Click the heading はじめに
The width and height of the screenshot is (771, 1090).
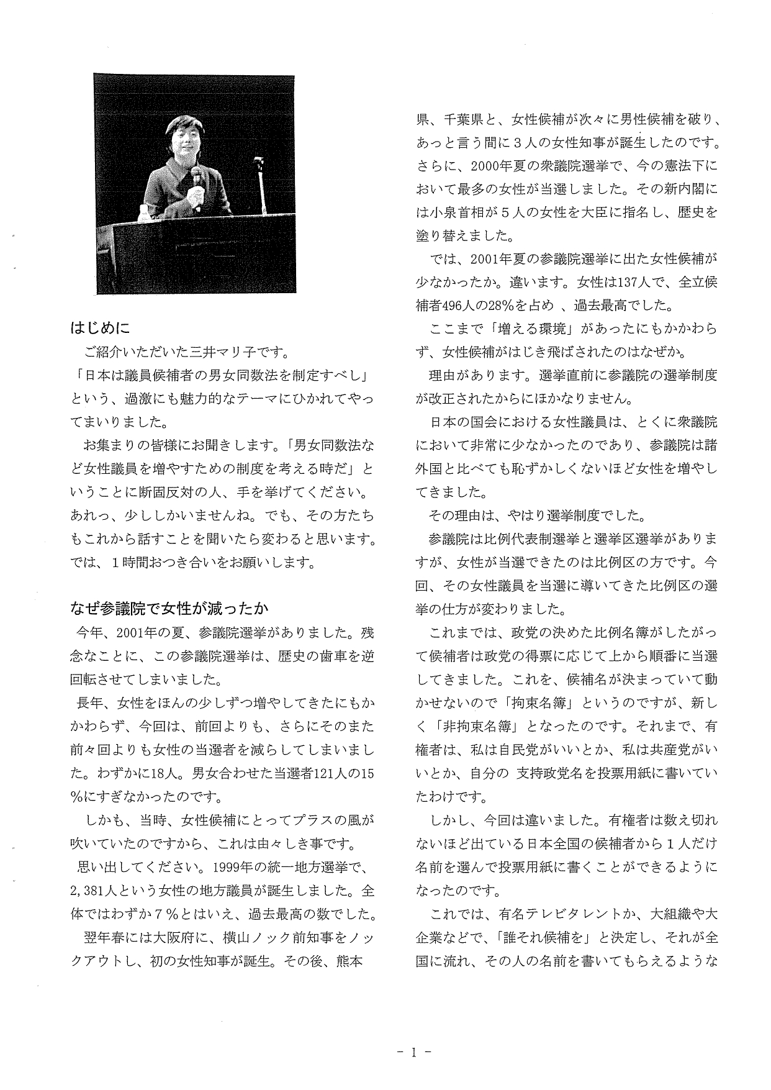[x=99, y=327]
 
